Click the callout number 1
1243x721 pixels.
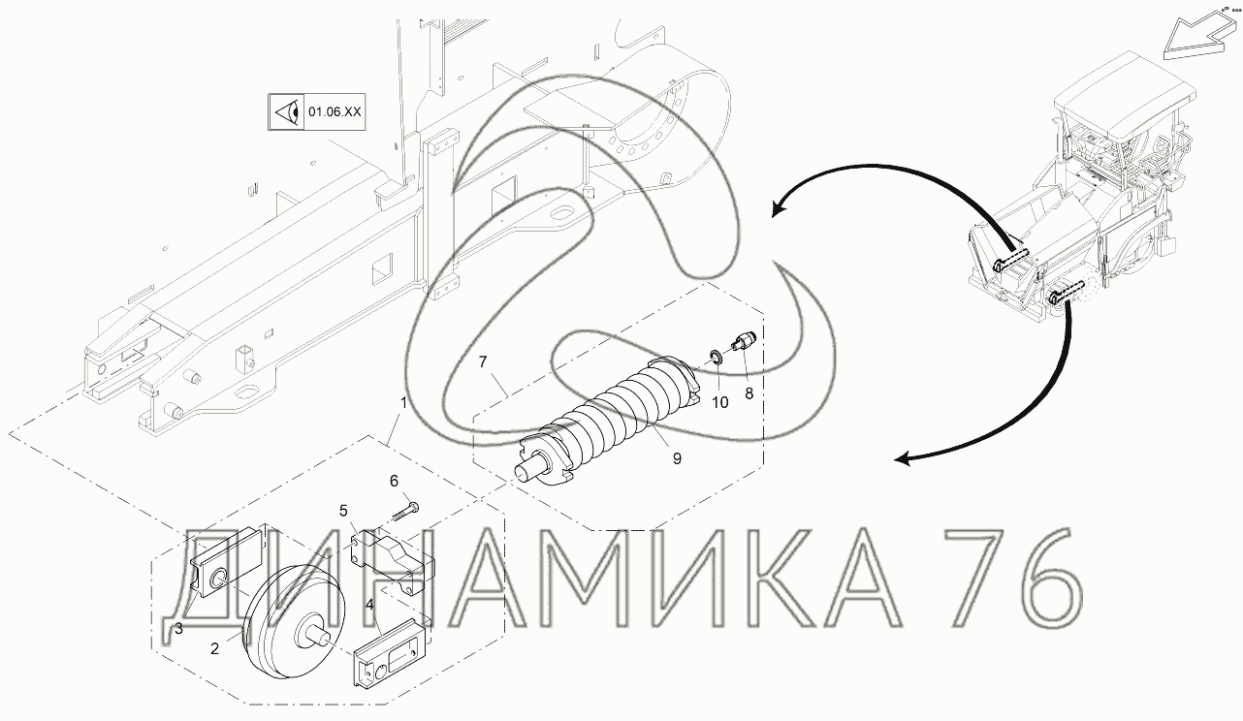(403, 403)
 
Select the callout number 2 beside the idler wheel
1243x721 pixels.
(214, 648)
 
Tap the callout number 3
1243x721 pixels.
(178, 628)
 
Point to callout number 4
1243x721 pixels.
(369, 605)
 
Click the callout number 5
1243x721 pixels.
(343, 511)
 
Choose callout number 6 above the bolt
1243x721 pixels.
(394, 481)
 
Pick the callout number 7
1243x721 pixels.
(483, 362)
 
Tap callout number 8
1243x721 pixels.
(749, 393)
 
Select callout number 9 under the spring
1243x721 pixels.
(677, 458)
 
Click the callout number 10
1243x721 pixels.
(719, 402)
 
